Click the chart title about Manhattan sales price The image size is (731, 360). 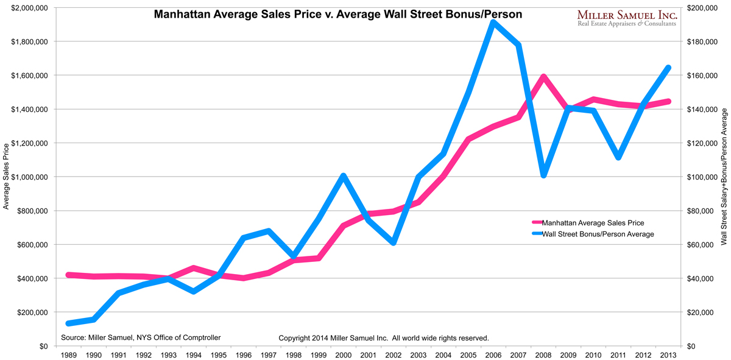(x=337, y=14)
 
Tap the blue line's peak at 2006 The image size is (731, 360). (x=492, y=23)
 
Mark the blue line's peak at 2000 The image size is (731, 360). (x=344, y=176)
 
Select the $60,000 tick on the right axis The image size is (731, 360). (x=701, y=245)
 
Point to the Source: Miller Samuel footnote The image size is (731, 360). (x=141, y=337)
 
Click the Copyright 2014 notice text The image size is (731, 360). (x=384, y=337)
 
